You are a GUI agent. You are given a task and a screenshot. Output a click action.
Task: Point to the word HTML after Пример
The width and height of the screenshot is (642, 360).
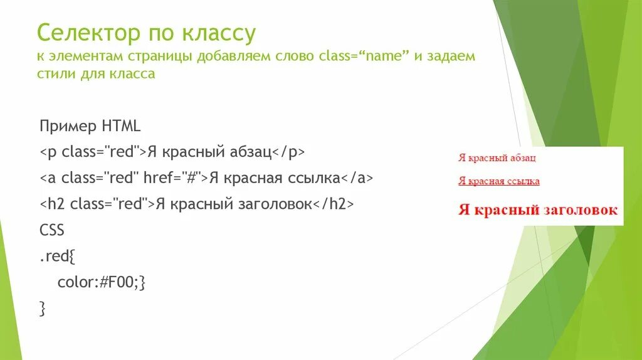click(120, 126)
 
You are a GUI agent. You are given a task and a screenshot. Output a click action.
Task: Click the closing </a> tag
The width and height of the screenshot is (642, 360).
click(357, 178)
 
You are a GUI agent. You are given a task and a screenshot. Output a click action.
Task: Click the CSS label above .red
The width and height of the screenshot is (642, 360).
click(52, 230)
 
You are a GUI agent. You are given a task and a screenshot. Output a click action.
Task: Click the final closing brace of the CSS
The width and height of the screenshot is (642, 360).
click(42, 308)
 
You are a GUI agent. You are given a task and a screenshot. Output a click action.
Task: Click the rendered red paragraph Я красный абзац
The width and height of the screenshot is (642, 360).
click(497, 158)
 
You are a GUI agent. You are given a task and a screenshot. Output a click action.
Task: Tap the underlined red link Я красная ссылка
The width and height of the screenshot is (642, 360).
click(499, 181)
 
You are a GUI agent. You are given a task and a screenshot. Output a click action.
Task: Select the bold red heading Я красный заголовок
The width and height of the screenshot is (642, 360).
click(538, 210)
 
